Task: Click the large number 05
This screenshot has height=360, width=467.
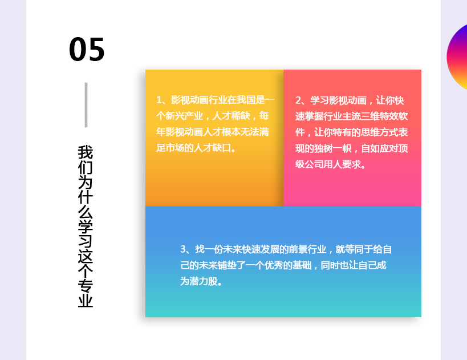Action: click(x=87, y=49)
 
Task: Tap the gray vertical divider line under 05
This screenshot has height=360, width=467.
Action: click(x=86, y=105)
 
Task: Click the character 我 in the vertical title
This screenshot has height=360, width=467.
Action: click(x=86, y=152)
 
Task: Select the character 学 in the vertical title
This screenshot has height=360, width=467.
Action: click(x=86, y=226)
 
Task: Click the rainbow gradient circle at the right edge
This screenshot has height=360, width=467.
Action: click(x=457, y=56)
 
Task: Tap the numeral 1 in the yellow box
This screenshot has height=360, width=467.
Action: click(x=159, y=100)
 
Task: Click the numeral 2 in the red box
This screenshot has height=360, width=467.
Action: click(x=298, y=100)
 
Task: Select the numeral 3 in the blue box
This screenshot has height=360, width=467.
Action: click(x=183, y=249)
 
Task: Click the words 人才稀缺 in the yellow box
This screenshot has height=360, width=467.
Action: click(x=231, y=116)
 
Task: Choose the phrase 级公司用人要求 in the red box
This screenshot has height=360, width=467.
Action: click(x=328, y=164)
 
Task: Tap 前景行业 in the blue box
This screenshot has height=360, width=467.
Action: click(x=308, y=249)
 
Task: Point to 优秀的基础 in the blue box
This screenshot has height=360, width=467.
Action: click(x=288, y=265)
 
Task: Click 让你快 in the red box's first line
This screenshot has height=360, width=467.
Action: click(x=390, y=100)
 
